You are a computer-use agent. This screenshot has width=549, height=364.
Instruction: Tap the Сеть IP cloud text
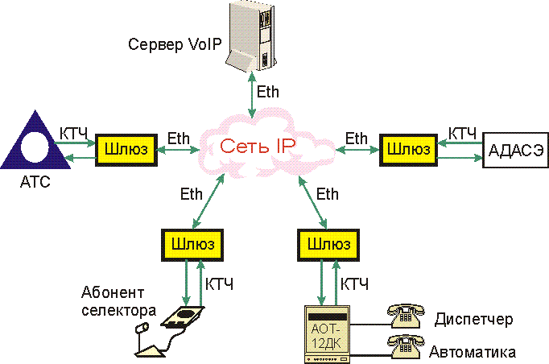pyautogui.click(x=257, y=147)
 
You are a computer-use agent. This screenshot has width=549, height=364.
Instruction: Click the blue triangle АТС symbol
pyautogui.click(x=35, y=142)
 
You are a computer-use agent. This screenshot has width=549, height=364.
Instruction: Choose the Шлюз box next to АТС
pyautogui.click(x=125, y=151)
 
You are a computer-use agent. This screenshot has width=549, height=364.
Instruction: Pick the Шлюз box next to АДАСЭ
pyautogui.click(x=407, y=151)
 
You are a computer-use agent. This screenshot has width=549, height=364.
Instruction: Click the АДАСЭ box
pyautogui.click(x=515, y=151)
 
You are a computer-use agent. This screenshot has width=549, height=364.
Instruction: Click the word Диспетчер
pyautogui.click(x=473, y=320)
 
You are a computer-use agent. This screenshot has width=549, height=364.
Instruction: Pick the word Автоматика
pyautogui.click(x=473, y=352)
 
